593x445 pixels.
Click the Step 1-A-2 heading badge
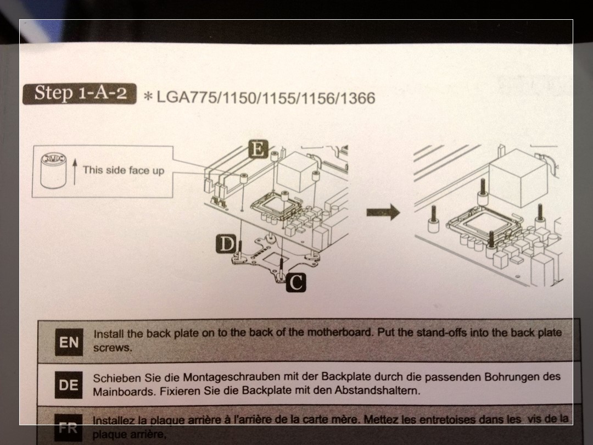pyautogui.click(x=80, y=93)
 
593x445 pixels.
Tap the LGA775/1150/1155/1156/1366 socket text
pyautogui.click(x=266, y=98)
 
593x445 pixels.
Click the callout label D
pyautogui.click(x=226, y=244)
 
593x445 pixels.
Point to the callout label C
pyautogui.click(x=296, y=282)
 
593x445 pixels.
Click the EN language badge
pyautogui.click(x=69, y=342)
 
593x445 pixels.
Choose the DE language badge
pyautogui.click(x=69, y=385)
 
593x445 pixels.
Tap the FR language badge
pyautogui.click(x=68, y=428)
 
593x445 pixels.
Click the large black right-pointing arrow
pyautogui.click(x=383, y=212)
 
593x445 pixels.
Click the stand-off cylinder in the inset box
pyautogui.click(x=53, y=171)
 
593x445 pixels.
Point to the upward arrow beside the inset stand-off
pyautogui.click(x=75, y=172)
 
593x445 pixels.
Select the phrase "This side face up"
pyautogui.click(x=124, y=170)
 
